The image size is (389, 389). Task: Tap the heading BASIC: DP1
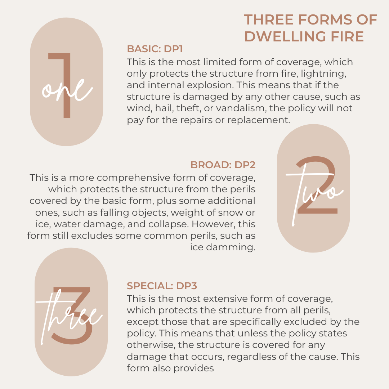click(x=157, y=49)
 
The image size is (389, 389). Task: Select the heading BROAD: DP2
click(x=223, y=165)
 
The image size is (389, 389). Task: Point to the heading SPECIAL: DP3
click(x=162, y=286)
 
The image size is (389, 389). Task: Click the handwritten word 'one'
click(x=67, y=88)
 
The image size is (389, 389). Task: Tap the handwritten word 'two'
click(x=313, y=191)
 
